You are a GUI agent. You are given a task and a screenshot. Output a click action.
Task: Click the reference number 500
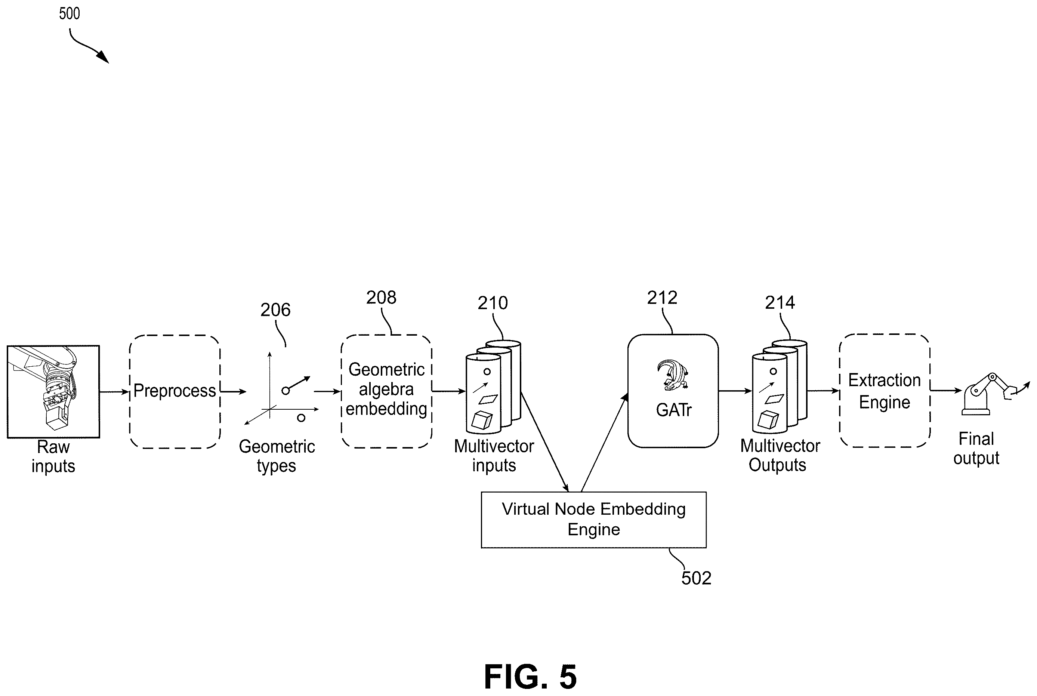tap(69, 13)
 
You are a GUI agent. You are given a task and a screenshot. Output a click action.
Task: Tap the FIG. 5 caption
tap(530, 677)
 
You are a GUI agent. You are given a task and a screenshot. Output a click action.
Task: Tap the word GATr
tap(674, 410)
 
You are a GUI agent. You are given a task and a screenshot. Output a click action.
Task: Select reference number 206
tap(275, 310)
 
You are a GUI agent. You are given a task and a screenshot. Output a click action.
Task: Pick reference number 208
tap(381, 298)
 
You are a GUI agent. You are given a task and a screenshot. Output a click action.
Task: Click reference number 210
tap(493, 303)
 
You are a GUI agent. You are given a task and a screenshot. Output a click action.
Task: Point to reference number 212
tap(662, 298)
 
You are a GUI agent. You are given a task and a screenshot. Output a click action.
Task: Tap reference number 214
tap(780, 303)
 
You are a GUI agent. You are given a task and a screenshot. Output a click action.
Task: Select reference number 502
tap(696, 578)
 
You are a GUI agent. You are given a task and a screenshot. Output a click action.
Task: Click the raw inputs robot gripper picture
tap(53, 391)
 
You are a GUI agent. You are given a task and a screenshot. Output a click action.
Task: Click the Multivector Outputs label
tap(780, 455)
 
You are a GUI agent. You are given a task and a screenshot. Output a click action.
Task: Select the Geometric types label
tap(277, 456)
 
